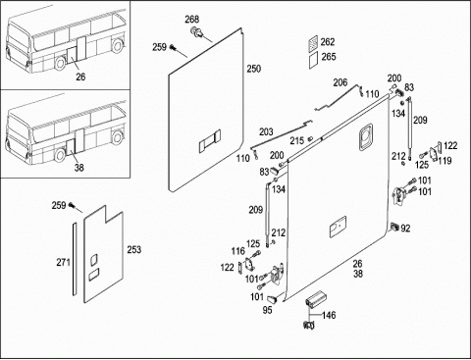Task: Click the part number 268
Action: (x=192, y=20)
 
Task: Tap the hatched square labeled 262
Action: (x=313, y=43)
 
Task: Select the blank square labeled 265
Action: (x=313, y=61)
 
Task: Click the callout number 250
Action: (x=254, y=69)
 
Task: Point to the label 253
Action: (x=134, y=250)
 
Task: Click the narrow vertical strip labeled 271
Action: (x=75, y=259)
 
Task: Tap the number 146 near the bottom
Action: (x=329, y=315)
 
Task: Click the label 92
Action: (x=405, y=229)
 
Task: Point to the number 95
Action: (x=267, y=310)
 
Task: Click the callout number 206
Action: (x=340, y=82)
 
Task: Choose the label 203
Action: (x=266, y=131)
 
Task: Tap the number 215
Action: (x=297, y=141)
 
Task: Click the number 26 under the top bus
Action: (x=80, y=77)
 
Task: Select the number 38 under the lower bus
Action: (x=79, y=168)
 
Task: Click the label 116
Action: (x=237, y=251)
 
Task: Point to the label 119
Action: (x=445, y=161)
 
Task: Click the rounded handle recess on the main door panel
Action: (x=366, y=137)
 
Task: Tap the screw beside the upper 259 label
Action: (x=173, y=48)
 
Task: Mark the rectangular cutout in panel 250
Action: (x=210, y=141)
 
